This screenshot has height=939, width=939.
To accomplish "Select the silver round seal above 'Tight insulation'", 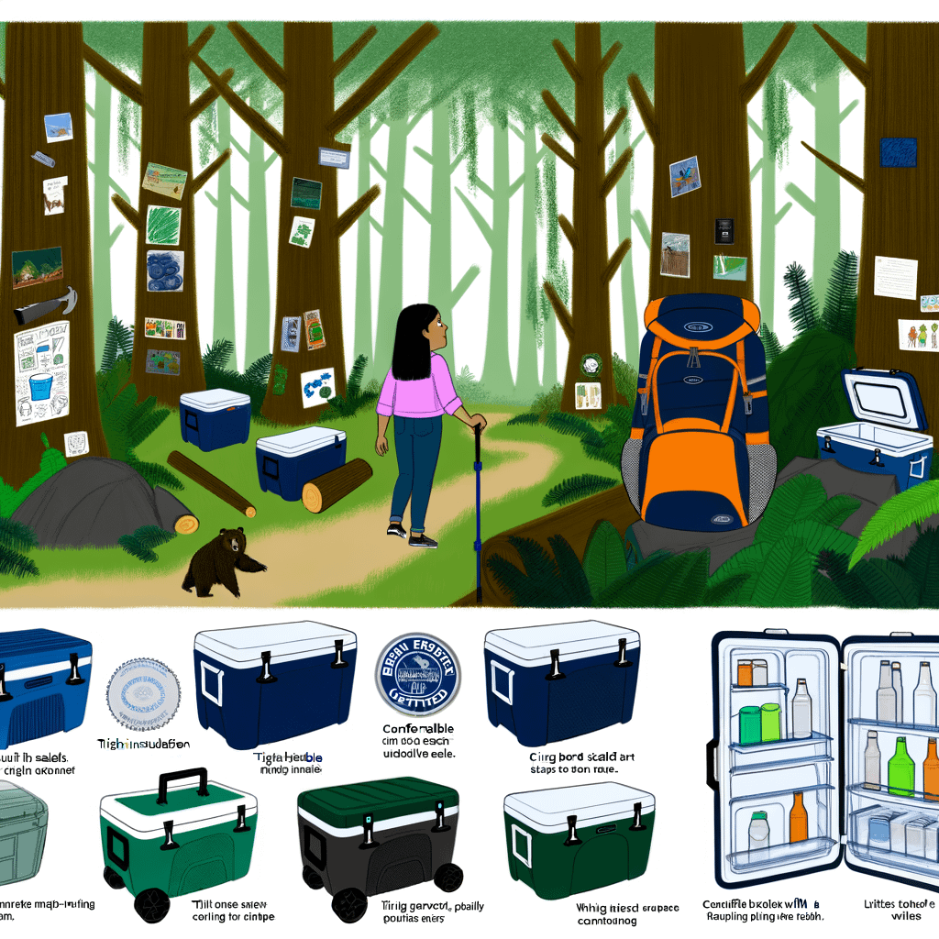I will tap(143, 693).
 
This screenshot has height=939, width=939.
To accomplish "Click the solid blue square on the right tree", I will tap(898, 152).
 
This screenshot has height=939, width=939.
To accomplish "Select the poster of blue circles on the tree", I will tap(165, 271).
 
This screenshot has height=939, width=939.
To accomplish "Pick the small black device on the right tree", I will tap(724, 229).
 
